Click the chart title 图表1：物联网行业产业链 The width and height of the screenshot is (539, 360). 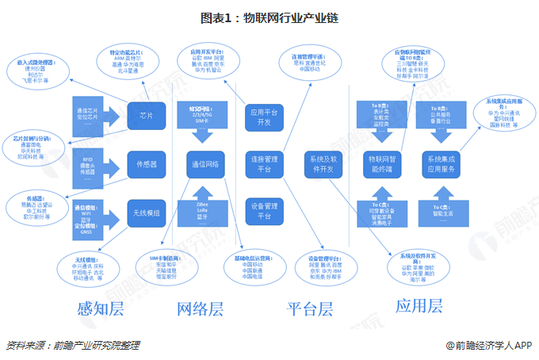[x=269, y=17]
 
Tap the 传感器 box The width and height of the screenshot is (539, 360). [x=146, y=165]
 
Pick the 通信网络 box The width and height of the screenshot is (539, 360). [x=207, y=165]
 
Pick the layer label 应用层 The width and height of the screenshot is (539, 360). [x=419, y=306]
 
